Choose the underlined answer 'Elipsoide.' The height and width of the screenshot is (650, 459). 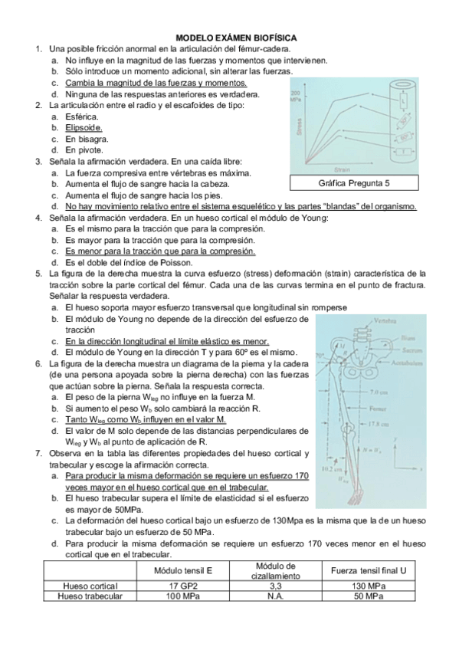click(x=84, y=128)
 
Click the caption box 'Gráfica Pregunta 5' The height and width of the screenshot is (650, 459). click(x=353, y=183)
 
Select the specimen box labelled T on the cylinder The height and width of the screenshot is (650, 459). click(x=404, y=153)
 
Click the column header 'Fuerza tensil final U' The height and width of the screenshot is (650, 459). click(x=367, y=571)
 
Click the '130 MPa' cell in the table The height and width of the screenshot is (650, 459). click(x=367, y=586)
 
